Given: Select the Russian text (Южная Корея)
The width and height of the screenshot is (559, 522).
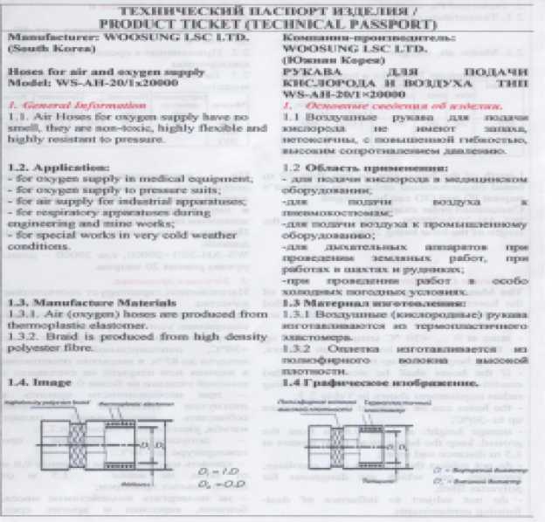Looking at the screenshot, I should [324, 61].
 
